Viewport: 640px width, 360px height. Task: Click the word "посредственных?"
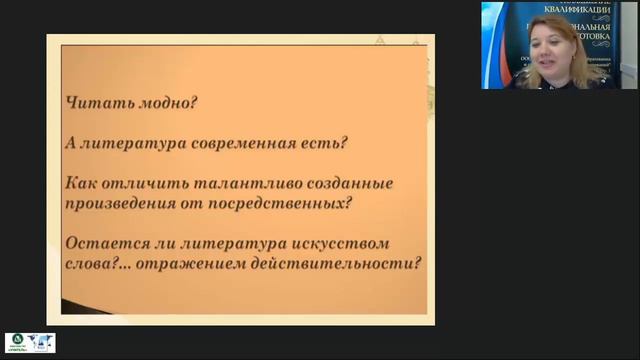click(x=295, y=204)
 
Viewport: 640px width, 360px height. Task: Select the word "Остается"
click(x=103, y=245)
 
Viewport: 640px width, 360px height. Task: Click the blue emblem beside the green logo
click(x=41, y=343)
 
